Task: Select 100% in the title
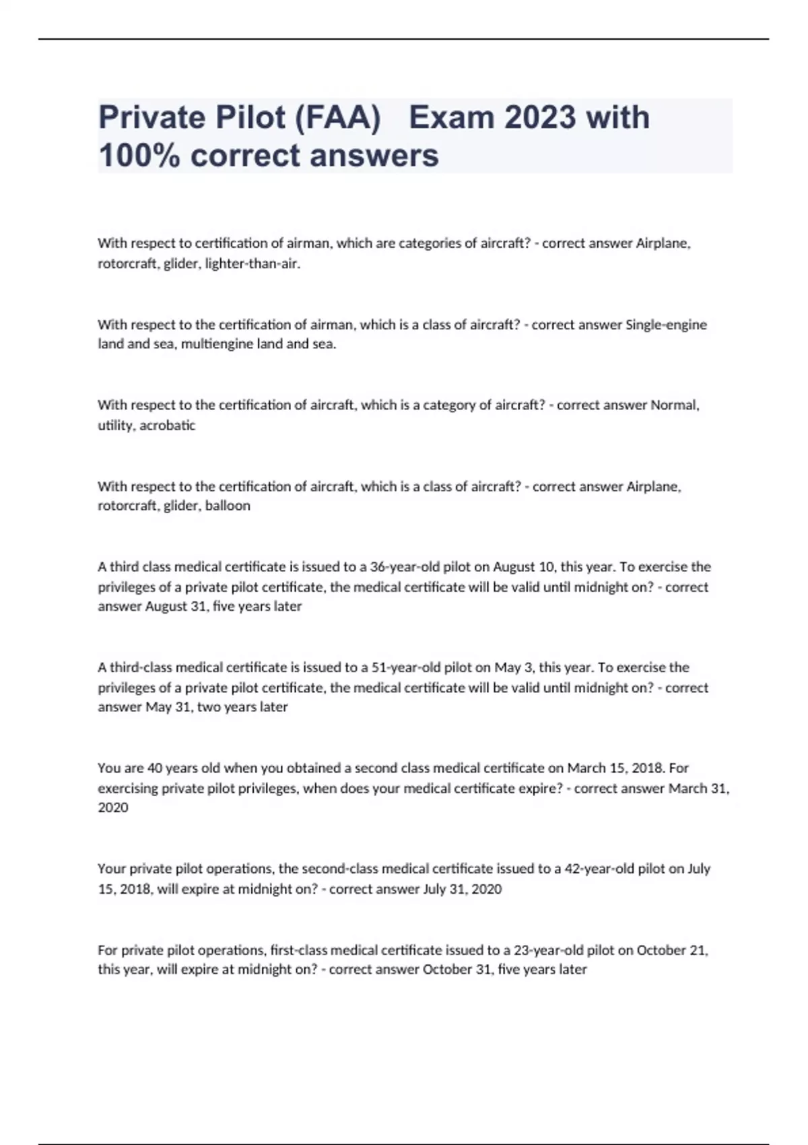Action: pos(139,156)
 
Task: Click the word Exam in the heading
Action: pos(450,118)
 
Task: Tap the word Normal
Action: pos(675,405)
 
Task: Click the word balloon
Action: pos(228,506)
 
